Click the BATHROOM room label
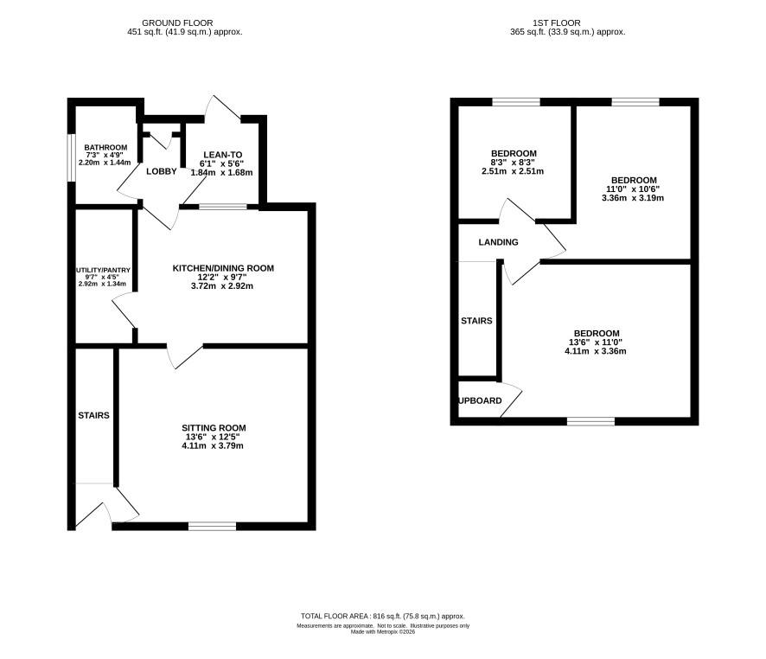click(x=105, y=148)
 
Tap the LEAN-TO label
click(x=223, y=155)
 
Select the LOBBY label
click(x=161, y=171)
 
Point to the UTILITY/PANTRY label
click(x=103, y=270)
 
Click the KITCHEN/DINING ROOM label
click(x=223, y=268)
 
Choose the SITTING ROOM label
click(x=214, y=428)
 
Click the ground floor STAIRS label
click(x=93, y=415)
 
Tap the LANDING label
click(x=498, y=242)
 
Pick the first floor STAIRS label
click(x=476, y=321)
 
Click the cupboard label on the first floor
click(x=480, y=400)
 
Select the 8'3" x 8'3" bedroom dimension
click(x=514, y=163)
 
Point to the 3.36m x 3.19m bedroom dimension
click(x=633, y=198)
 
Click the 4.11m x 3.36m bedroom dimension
click(x=596, y=351)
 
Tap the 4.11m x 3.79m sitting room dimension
click(x=213, y=445)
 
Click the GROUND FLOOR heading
click(x=177, y=23)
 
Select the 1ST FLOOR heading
click(x=557, y=23)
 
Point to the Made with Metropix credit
click(x=383, y=631)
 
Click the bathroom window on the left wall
click(x=71, y=157)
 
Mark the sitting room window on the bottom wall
click(x=212, y=526)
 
